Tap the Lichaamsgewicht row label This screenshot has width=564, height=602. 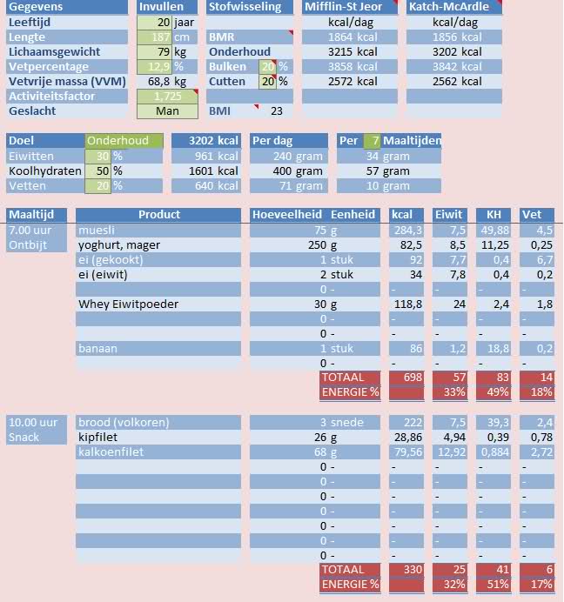(54, 52)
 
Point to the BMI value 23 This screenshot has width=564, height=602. (277, 111)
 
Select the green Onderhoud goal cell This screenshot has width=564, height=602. (124, 141)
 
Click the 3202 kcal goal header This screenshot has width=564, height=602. (205, 141)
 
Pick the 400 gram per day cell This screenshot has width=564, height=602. (287, 171)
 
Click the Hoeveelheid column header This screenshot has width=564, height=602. (286, 215)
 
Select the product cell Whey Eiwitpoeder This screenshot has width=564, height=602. (129, 304)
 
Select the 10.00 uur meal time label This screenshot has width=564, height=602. (33, 423)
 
